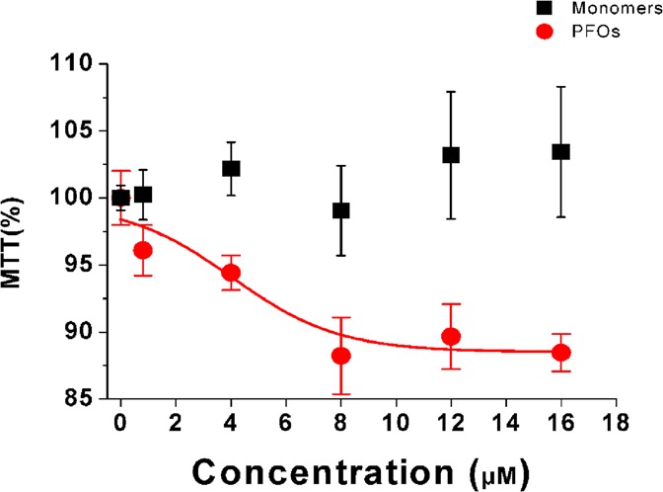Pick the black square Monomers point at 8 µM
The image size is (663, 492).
coord(341,210)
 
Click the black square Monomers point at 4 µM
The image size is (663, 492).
coord(231,168)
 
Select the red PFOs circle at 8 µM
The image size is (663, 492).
coord(341,356)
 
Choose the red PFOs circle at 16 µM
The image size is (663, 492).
coord(560,353)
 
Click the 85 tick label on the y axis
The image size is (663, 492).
coord(88,399)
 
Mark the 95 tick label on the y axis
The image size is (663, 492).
coord(88,265)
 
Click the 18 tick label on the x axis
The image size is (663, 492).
coord(615,419)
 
